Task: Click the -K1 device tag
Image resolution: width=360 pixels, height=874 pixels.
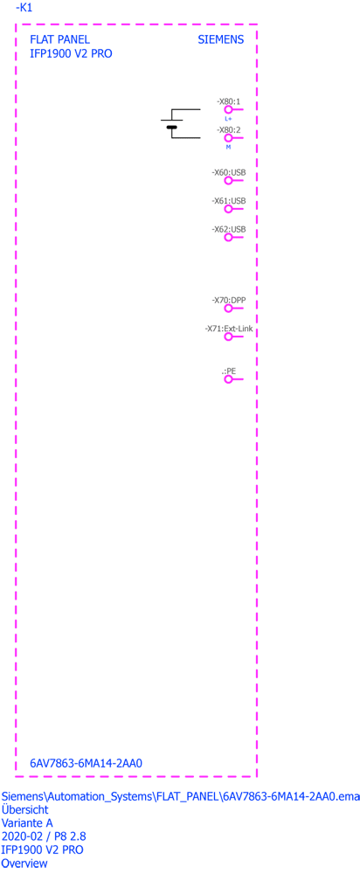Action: pyautogui.click(x=24, y=8)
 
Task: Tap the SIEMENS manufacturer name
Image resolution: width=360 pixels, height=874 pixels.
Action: pyautogui.click(x=221, y=40)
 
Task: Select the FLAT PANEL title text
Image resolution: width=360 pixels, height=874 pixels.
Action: pyautogui.click(x=59, y=40)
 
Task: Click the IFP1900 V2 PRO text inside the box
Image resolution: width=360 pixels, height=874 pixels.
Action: pyautogui.click(x=72, y=54)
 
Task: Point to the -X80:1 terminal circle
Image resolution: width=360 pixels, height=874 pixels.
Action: pyautogui.click(x=228, y=110)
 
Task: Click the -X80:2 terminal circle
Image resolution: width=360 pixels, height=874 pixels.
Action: pyautogui.click(x=228, y=138)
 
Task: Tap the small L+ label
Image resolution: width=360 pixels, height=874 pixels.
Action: pyautogui.click(x=228, y=119)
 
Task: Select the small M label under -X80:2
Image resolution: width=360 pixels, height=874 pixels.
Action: pyautogui.click(x=228, y=147)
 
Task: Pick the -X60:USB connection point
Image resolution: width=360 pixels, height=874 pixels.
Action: pyautogui.click(x=228, y=182)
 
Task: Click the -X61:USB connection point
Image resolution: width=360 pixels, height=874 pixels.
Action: pyautogui.click(x=228, y=209)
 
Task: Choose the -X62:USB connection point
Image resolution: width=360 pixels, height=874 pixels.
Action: pyautogui.click(x=228, y=238)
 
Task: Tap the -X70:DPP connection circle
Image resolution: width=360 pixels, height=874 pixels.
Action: pyautogui.click(x=228, y=309)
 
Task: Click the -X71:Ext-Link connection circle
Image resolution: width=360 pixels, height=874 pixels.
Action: pyautogui.click(x=228, y=336)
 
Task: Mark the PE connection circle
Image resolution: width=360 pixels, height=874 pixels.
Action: pyautogui.click(x=228, y=379)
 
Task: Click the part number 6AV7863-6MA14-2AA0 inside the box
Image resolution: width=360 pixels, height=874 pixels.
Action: pyautogui.click(x=87, y=762)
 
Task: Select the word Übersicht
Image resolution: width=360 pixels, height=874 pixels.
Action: pyautogui.click(x=25, y=808)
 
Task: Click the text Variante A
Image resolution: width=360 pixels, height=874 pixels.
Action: pyautogui.click(x=28, y=822)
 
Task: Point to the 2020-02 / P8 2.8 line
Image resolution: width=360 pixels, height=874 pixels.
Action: pyautogui.click(x=44, y=836)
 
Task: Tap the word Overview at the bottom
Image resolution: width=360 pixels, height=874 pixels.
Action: pyautogui.click(x=24, y=864)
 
